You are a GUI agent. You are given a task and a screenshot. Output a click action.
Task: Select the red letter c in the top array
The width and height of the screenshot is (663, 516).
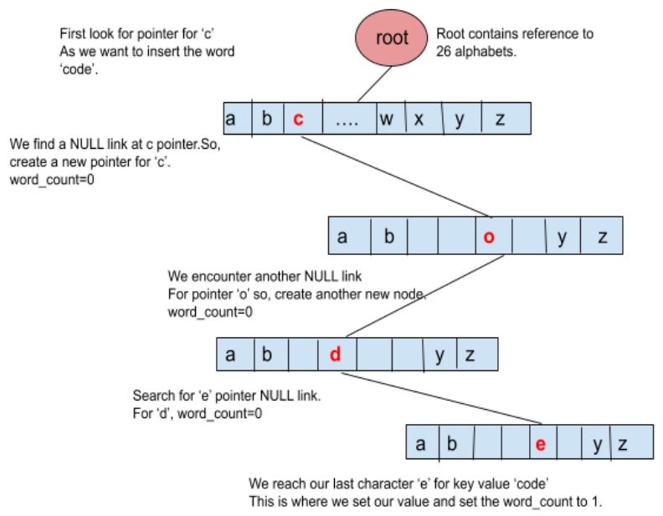point(298,119)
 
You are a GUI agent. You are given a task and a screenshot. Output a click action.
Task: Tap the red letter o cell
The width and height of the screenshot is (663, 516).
point(489,237)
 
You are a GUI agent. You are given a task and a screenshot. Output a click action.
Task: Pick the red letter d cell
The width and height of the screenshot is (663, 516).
point(335,355)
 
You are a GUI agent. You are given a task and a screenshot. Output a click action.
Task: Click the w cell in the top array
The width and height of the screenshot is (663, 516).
point(386,119)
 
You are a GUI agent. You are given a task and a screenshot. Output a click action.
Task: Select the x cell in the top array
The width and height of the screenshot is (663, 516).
point(419,119)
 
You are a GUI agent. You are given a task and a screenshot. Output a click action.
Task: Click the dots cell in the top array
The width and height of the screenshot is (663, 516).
point(347,119)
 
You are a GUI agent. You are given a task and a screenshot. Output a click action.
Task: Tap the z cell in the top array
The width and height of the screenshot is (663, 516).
point(500,119)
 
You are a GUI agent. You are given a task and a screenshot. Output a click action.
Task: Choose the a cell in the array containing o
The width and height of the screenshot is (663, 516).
point(342,237)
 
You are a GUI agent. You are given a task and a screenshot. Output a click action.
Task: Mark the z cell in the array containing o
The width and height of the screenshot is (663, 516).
point(602,237)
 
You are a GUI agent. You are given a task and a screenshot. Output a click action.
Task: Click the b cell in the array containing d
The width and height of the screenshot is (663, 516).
point(267,355)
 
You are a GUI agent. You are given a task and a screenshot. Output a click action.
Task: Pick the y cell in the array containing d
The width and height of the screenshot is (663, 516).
point(439,355)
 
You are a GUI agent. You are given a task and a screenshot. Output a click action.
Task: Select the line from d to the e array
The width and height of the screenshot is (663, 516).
point(444,398)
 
